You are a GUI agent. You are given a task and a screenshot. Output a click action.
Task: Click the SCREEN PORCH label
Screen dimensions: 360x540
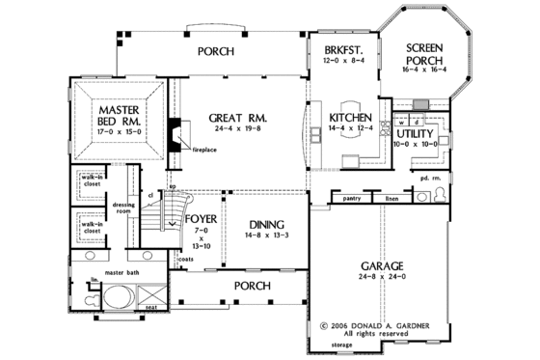(x=423, y=52)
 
